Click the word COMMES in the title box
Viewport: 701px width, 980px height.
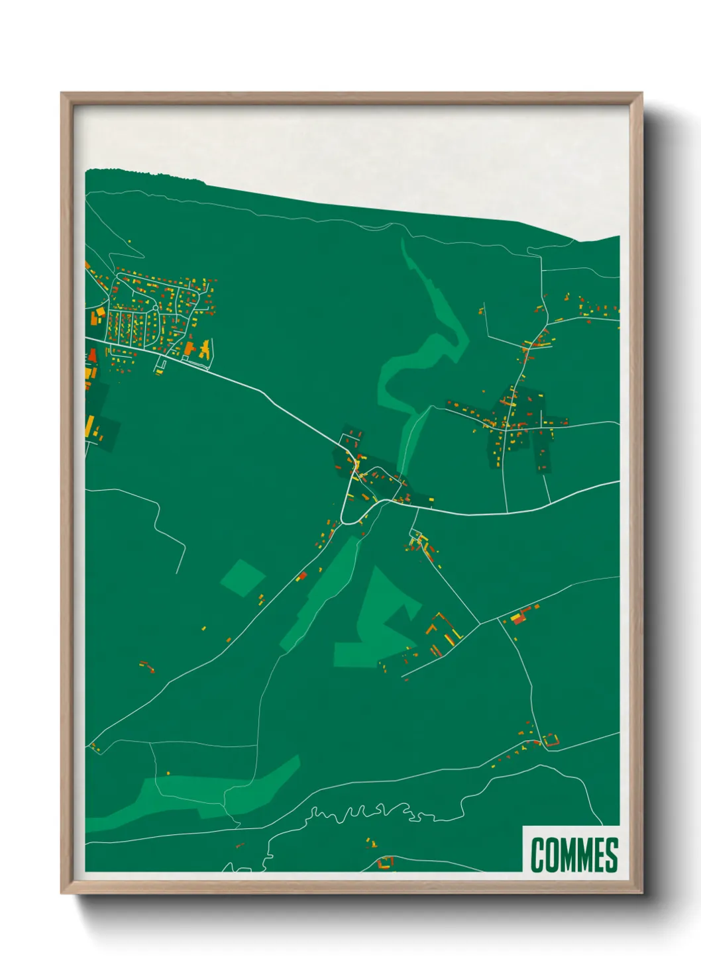click(x=574, y=855)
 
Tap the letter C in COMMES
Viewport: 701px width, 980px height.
click(x=537, y=855)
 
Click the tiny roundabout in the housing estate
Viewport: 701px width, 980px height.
click(x=155, y=308)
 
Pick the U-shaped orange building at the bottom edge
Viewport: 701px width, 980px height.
click(x=385, y=863)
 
